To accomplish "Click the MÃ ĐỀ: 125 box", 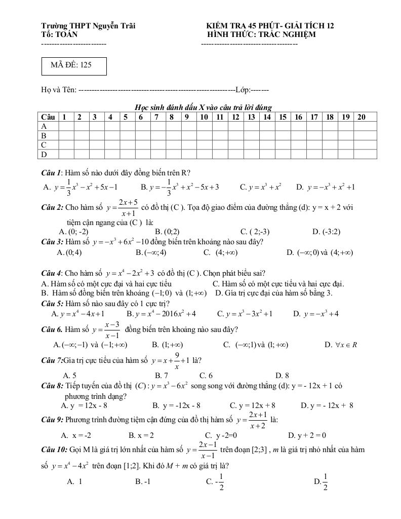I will [74, 66].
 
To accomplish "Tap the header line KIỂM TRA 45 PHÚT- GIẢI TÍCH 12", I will [270, 26].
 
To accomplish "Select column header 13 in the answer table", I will [252, 117].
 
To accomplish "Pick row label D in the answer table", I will [44, 154].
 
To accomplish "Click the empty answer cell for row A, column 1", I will [66, 126].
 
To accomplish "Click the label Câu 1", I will [51, 173].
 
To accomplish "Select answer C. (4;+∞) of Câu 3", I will [220, 252].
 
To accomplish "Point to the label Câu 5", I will [52, 304].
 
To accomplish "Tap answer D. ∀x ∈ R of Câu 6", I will [341, 345].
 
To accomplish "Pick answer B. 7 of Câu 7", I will [162, 376].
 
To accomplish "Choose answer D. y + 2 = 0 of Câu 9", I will [307, 435].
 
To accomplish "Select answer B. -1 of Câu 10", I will [143, 481].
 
